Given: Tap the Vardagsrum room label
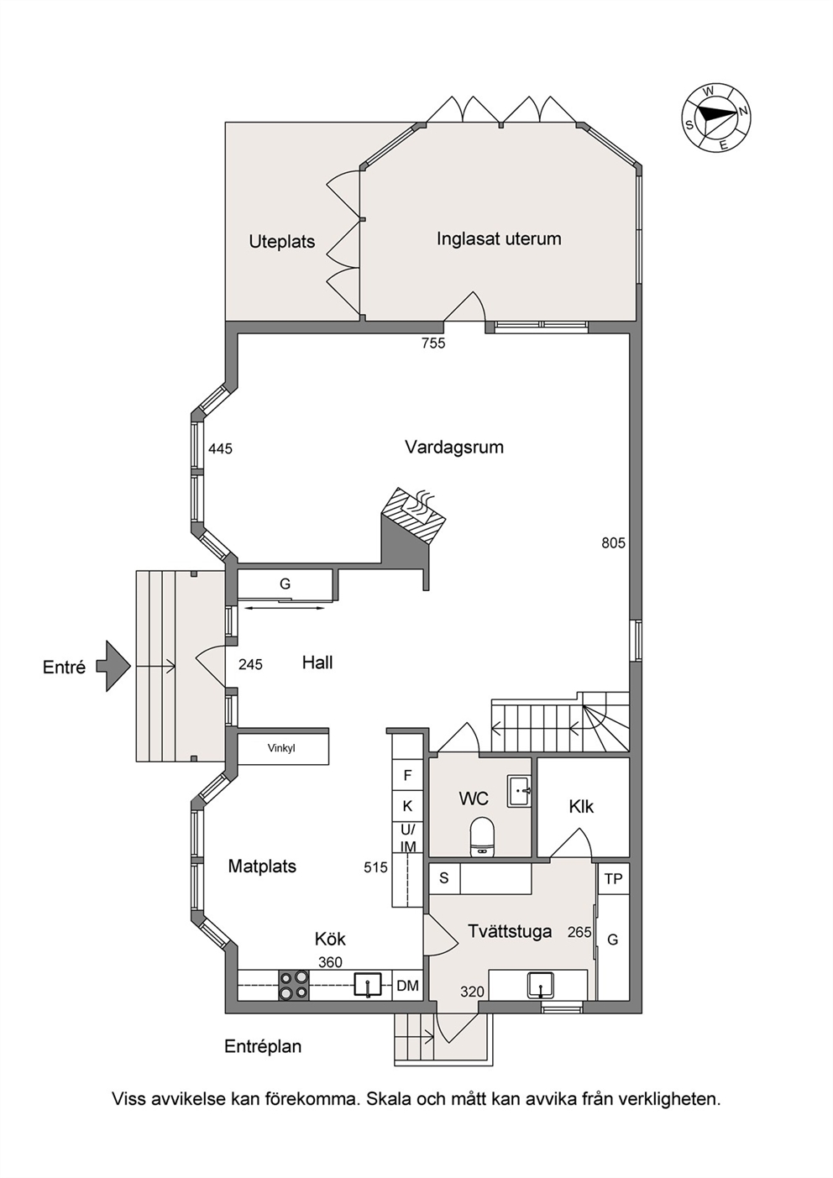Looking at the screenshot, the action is click(453, 447).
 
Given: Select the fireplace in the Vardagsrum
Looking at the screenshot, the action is click(414, 515).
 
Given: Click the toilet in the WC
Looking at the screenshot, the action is click(482, 835).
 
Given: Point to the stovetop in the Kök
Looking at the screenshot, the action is click(293, 985).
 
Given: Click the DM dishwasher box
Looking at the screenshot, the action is click(407, 985).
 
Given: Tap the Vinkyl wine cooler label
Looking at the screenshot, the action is click(280, 748).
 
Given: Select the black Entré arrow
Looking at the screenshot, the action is click(113, 666).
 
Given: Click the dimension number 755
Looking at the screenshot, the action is click(433, 343).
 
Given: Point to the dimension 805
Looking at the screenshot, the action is click(613, 542).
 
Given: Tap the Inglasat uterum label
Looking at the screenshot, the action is click(499, 238).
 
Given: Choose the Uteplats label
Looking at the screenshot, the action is click(282, 242).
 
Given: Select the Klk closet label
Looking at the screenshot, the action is click(581, 806).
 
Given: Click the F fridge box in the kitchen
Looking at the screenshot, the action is click(407, 775).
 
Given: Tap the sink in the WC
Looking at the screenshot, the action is click(519, 790).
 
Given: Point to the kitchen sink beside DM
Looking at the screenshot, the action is click(368, 985).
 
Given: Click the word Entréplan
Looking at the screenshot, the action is click(263, 1046).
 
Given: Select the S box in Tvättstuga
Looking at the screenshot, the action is click(444, 877).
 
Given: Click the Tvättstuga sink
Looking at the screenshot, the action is click(541, 985).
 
